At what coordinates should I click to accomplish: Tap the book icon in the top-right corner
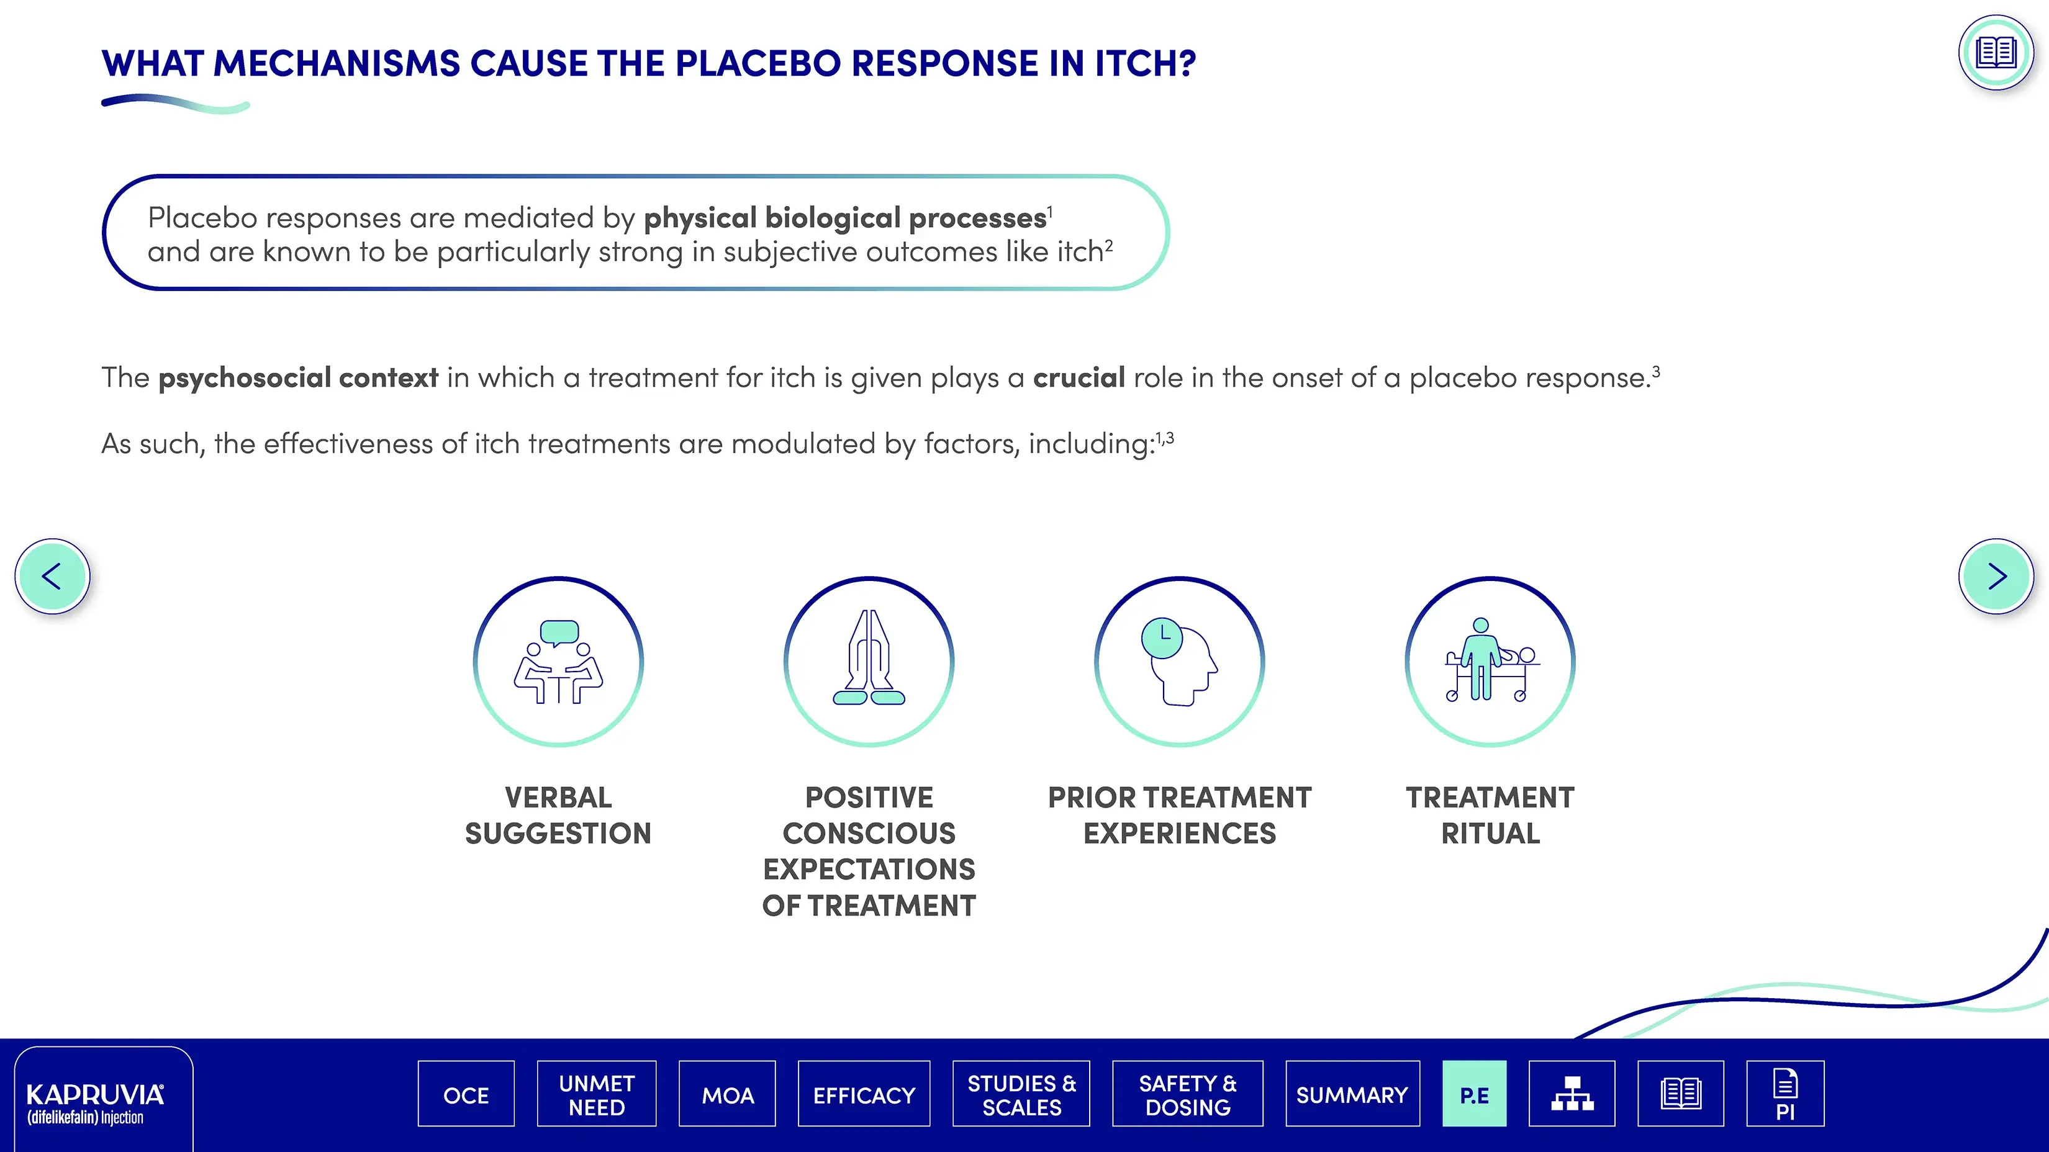(1996, 53)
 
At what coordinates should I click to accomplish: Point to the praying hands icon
(869, 659)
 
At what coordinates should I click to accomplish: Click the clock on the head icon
(1162, 637)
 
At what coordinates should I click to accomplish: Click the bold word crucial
(1079, 377)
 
